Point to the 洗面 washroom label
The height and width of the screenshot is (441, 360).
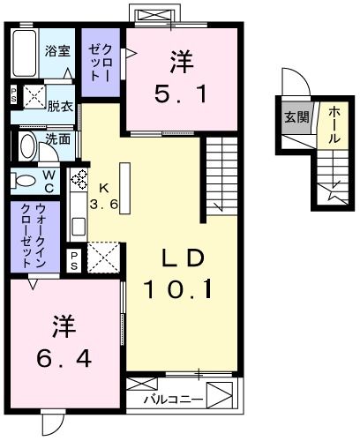pyautogui.click(x=58, y=138)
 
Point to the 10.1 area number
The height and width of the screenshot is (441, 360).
pyautogui.click(x=182, y=288)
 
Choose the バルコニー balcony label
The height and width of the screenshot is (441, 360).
pyautogui.click(x=172, y=400)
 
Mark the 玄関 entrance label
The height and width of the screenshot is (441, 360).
pyautogui.click(x=296, y=116)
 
